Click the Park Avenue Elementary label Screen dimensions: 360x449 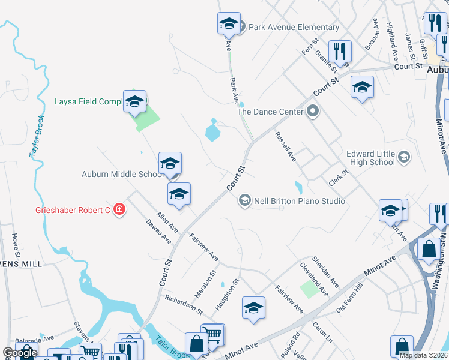click(x=294, y=28)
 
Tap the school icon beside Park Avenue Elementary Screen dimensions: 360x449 click(x=229, y=24)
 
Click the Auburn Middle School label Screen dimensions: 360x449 click(x=122, y=175)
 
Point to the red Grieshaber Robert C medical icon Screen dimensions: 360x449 click(x=120, y=209)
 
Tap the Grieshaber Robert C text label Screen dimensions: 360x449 click(x=57, y=210)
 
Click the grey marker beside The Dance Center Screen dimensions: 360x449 click(x=312, y=111)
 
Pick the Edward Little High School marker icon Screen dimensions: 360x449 click(x=404, y=158)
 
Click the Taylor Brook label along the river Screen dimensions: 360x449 click(x=37, y=137)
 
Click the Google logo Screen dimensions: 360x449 click(x=20, y=353)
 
